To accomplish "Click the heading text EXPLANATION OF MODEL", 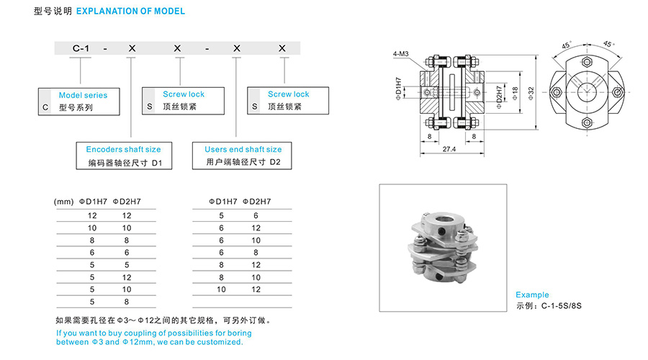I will coord(130,12).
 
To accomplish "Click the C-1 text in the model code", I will coord(80,48).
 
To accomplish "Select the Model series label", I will coord(83,94).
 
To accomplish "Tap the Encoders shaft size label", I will coord(123,149).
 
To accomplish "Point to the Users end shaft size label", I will coord(243,149).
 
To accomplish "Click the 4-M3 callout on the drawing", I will coord(400,54).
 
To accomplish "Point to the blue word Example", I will coord(532,294).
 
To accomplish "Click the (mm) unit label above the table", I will coord(64,202).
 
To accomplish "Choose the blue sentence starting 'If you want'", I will coord(154,338).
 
